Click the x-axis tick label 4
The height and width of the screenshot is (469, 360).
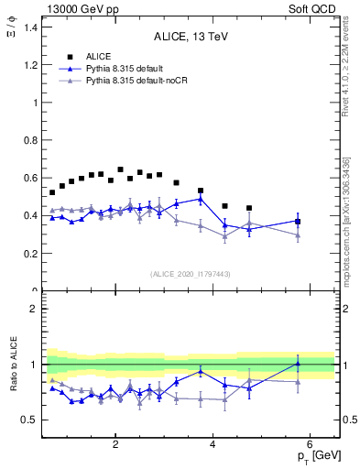pyautogui.click(x=213, y=443)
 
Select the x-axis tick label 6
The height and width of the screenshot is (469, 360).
pyautogui.click(x=310, y=443)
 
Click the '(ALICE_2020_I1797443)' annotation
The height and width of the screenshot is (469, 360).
pyautogui.click(x=191, y=274)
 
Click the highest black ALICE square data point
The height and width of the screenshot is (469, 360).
pyautogui.click(x=120, y=169)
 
